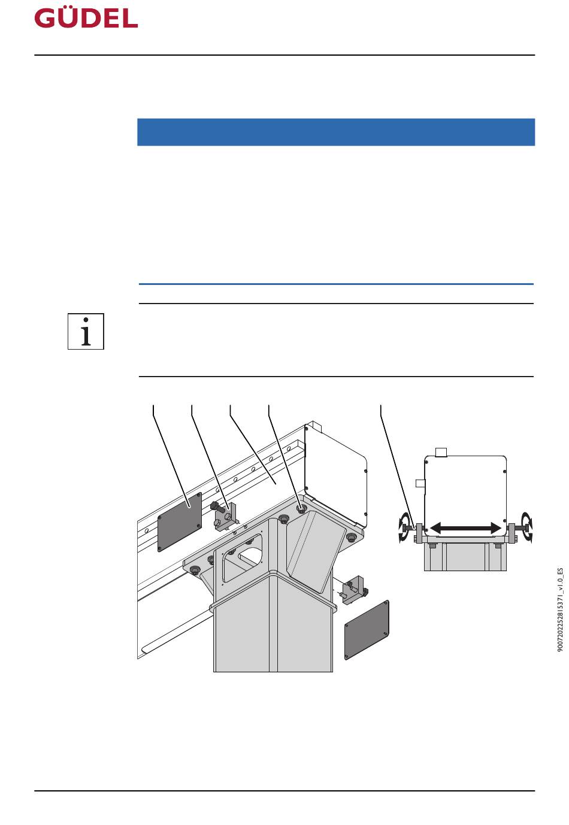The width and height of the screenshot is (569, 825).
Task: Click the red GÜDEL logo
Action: point(86,19)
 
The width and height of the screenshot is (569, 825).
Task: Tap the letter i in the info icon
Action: point(86,331)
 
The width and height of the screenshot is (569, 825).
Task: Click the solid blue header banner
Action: point(336,132)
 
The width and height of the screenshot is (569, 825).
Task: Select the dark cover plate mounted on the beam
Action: point(180,522)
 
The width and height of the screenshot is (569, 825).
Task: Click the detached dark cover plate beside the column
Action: point(367,630)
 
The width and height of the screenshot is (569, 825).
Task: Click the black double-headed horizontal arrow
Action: point(465,528)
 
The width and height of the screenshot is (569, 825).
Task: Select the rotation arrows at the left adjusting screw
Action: point(405,528)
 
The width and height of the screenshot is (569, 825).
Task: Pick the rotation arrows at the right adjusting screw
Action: point(526,527)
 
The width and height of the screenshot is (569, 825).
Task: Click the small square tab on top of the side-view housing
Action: point(441,452)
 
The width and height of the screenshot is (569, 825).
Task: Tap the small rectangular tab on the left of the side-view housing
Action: point(420,483)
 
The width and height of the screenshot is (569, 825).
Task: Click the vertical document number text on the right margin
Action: point(559,610)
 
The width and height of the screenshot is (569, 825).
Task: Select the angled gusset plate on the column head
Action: point(316,549)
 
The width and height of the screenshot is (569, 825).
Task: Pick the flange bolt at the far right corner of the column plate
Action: point(351,538)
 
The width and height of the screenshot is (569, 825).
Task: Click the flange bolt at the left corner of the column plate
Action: point(195,570)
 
